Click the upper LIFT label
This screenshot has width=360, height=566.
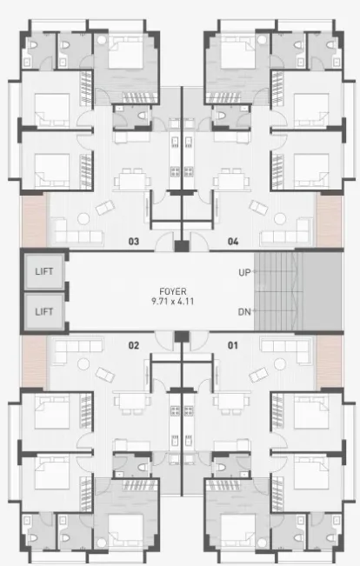[44, 271]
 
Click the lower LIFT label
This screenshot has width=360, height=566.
[44, 311]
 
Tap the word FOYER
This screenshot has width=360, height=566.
[173, 291]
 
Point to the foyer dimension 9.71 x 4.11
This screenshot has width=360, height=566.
[173, 301]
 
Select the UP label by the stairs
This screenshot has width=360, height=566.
[244, 272]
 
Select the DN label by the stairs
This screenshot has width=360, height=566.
[244, 312]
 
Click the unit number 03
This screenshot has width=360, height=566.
[134, 241]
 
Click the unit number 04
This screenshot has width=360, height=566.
[233, 241]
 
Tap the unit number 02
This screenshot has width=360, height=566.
[134, 345]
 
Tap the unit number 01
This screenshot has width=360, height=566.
[232, 345]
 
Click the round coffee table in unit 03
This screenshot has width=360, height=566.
[83, 219]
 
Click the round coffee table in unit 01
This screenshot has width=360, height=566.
[280, 363]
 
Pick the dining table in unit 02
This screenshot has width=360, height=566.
[131, 402]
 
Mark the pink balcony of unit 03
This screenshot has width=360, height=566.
[34, 221]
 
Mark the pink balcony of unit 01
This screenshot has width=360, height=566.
[329, 362]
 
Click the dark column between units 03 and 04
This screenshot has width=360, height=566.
[182, 246]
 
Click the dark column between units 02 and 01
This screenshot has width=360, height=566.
[182, 336]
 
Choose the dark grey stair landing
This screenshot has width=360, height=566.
[322, 291]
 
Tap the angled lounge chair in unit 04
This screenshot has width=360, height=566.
[258, 208]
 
